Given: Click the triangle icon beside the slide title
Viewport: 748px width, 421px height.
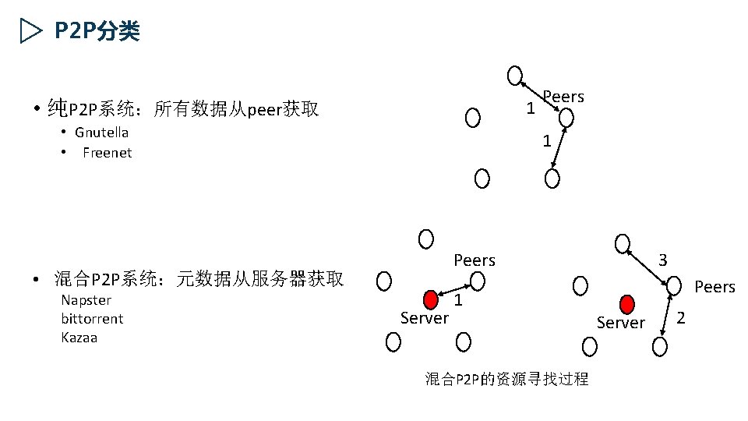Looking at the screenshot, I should point(30,31).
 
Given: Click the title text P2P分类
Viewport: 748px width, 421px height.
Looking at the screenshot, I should point(97,31).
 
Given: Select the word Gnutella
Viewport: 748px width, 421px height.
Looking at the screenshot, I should point(101,133).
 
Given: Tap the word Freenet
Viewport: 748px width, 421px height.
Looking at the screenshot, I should point(107,153).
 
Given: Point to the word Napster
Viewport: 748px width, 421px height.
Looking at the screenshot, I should point(86,300).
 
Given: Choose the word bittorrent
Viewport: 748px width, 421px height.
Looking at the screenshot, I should point(92,319).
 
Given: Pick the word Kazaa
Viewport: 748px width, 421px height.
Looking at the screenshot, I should point(81,338).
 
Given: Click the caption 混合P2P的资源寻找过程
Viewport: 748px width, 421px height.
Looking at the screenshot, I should point(506,380).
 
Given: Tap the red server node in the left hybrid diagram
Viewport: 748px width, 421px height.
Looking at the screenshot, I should point(431,300).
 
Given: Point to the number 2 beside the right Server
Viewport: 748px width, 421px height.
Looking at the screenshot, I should point(681,317).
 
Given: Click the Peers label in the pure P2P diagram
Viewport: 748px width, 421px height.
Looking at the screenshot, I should point(563,97).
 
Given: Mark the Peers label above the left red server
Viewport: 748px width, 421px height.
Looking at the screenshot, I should point(475,260).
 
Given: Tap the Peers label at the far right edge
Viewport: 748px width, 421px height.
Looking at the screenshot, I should point(714,287).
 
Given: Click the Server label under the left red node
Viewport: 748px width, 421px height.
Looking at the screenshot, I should point(424,318).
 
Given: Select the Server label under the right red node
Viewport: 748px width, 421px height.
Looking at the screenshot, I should point(621,323).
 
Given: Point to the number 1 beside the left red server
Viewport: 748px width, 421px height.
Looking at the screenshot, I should point(460,300).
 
